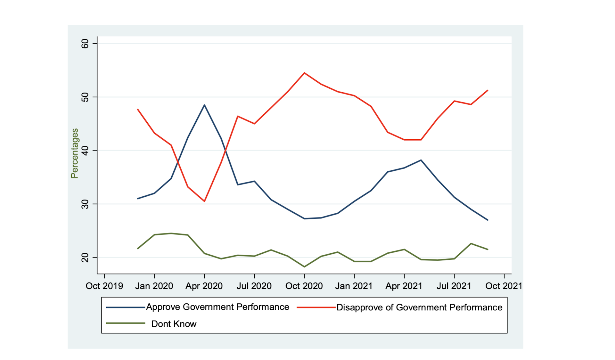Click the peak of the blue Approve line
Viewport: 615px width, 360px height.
point(204,105)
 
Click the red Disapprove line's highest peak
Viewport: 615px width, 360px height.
point(304,73)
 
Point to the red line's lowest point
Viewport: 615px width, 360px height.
point(204,201)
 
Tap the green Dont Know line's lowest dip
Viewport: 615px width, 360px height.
point(304,267)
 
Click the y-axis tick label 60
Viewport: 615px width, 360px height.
point(85,44)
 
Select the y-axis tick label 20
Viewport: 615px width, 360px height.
point(85,258)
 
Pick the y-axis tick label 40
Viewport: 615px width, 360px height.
point(85,151)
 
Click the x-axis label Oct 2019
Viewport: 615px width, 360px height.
point(104,286)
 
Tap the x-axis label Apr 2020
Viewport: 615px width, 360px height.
point(204,286)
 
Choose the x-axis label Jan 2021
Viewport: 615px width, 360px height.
point(354,286)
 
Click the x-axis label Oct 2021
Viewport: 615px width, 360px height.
point(504,286)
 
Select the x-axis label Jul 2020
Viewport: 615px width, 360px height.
point(254,286)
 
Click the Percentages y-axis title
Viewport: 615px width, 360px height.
point(75,153)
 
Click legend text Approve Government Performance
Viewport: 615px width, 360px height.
point(217,307)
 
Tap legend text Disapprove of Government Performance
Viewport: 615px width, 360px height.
point(419,307)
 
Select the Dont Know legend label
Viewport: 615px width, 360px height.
point(174,324)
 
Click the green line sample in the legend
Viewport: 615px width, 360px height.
point(126,323)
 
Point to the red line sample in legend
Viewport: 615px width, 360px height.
point(316,307)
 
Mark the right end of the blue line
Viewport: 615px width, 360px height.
point(488,220)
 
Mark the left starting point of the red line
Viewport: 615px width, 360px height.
point(138,110)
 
